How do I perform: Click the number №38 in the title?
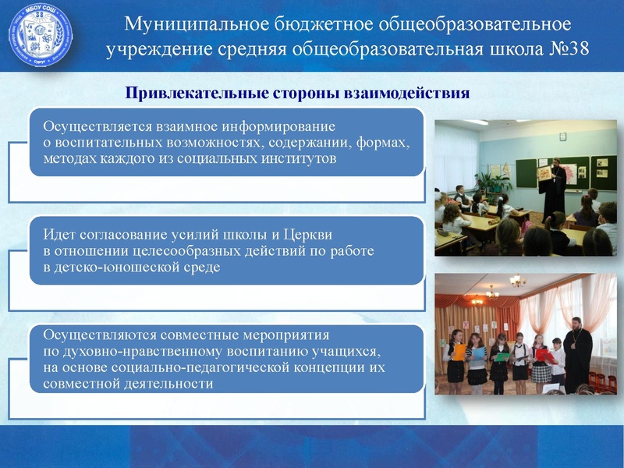coord(564,50)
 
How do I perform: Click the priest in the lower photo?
coord(578,350)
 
